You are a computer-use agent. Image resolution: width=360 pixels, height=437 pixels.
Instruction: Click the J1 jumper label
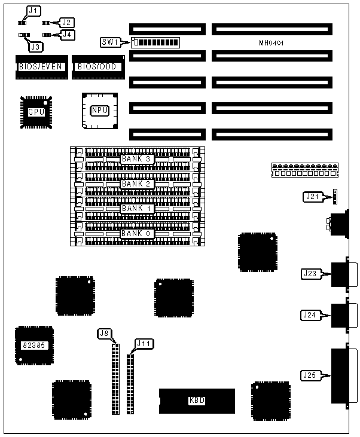pos(34,10)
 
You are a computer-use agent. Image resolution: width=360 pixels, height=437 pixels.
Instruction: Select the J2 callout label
pos(67,22)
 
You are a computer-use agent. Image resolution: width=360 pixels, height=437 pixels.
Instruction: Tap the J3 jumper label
pos(36,46)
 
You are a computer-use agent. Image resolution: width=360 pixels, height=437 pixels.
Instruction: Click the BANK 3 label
pos(137,159)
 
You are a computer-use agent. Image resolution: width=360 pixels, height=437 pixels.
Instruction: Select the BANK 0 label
pos(137,233)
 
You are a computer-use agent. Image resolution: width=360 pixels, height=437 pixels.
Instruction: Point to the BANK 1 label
pos(137,209)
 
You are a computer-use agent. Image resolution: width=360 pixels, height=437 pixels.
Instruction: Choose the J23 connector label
pos(310,274)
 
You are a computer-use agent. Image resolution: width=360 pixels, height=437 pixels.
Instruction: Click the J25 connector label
pos(310,375)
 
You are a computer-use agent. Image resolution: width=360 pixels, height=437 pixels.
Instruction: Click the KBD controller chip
pos(197,401)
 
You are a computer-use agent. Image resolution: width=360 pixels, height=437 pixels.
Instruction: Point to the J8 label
pos(105,333)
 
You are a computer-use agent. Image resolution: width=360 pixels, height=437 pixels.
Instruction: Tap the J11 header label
pos(144,344)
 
